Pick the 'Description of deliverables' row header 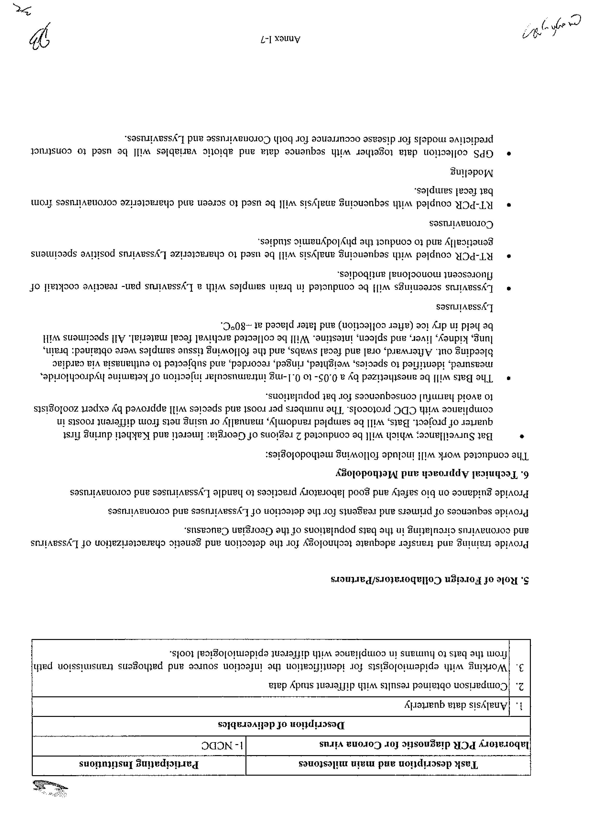(x=281, y=725)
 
